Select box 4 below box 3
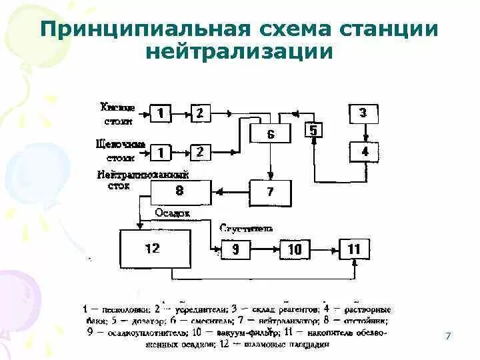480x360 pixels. point(364,152)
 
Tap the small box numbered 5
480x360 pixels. point(314,130)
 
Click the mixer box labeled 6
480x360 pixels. point(270,134)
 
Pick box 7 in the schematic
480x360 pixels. point(269,192)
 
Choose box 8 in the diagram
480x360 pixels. point(178,192)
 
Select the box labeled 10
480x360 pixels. point(294,249)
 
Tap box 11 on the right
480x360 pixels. point(354,249)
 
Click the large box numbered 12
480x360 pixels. point(153,249)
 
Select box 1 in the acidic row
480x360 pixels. point(160,114)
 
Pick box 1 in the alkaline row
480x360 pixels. point(160,153)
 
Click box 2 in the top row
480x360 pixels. point(199,114)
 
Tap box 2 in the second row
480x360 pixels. point(199,153)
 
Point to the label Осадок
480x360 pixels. point(172,213)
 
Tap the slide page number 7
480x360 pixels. point(448,335)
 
